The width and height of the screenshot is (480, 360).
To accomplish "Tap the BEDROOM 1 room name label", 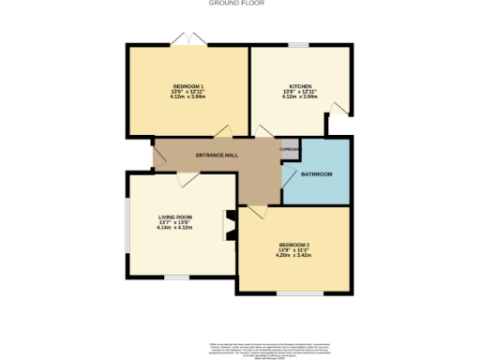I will point(188,86).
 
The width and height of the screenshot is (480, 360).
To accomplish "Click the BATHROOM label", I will point(316,174).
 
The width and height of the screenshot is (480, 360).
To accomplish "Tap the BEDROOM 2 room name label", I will point(293,245).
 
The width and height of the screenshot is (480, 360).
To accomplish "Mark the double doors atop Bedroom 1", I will point(187,39).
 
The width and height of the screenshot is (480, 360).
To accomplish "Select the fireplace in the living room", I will point(227,225).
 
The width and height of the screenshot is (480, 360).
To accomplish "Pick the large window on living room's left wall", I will point(128,225).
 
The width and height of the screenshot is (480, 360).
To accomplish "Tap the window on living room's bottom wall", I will point(176,277).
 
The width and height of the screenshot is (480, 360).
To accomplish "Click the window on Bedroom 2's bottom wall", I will point(292,293).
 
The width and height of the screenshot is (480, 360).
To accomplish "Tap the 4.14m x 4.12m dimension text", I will point(174,228).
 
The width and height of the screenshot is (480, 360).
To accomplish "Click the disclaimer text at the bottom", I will point(240,348).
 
